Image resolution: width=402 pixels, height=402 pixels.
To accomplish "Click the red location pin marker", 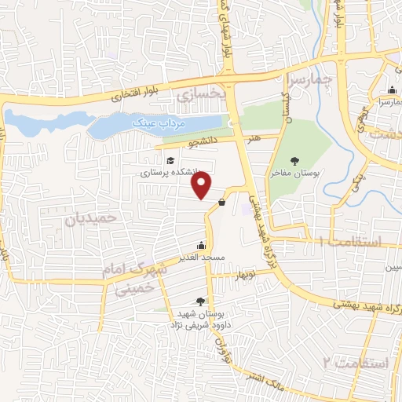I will [x=202, y=185].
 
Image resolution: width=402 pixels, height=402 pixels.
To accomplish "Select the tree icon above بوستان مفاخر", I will [x=294, y=160].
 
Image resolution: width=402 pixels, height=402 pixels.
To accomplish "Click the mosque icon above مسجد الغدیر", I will [x=202, y=245].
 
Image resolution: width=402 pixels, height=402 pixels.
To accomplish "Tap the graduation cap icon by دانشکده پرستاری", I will [x=170, y=161].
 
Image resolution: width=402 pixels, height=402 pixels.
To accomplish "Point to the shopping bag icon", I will [x=221, y=203].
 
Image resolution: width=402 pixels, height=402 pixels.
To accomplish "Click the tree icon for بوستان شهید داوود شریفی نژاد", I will [x=200, y=301].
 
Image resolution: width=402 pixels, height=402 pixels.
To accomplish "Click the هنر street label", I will [x=252, y=138].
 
